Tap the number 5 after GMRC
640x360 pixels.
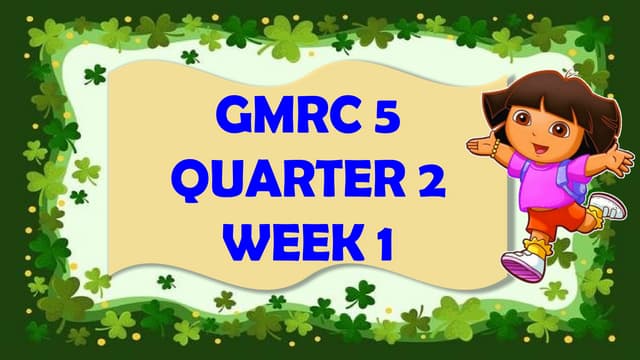[x=384, y=118]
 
